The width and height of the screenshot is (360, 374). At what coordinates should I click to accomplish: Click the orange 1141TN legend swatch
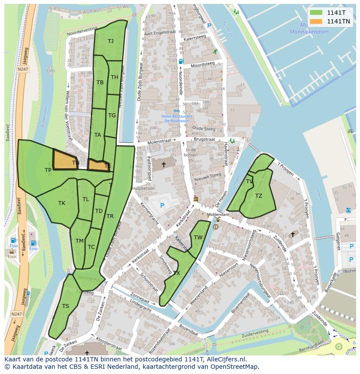tap(317, 21)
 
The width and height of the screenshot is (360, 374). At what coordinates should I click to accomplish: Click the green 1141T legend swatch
tap(317, 13)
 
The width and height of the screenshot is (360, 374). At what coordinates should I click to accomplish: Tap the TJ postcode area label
tap(111, 41)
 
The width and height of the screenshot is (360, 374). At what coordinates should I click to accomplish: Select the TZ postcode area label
tap(259, 196)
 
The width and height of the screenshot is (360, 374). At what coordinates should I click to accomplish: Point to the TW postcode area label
tap(198, 238)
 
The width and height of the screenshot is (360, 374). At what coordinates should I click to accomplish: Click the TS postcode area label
tap(65, 306)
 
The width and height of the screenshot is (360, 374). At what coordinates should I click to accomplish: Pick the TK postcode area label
tap(62, 203)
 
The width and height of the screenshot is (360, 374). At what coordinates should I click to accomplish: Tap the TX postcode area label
tap(177, 273)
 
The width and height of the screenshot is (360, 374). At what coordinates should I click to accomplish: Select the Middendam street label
tap(218, 215)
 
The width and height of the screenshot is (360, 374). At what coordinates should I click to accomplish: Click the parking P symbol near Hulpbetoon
tap(162, 205)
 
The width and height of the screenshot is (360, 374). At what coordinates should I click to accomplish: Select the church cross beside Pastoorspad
tap(163, 165)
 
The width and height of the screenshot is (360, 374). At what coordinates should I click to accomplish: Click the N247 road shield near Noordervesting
tap(23, 69)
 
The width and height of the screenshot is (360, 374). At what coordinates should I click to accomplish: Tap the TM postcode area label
tap(79, 241)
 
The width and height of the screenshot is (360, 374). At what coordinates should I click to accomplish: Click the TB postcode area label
tap(100, 83)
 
